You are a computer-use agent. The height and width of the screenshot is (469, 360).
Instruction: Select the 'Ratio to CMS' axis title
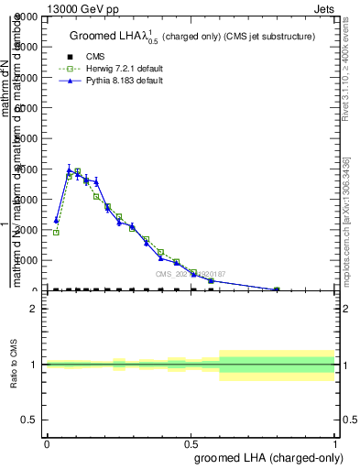coord(14,365)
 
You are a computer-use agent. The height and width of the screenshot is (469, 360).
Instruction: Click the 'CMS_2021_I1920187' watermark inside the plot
coord(191,273)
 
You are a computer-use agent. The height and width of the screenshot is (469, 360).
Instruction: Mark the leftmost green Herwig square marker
coord(56,233)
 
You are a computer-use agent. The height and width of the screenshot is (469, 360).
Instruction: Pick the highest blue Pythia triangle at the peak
coord(70,169)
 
